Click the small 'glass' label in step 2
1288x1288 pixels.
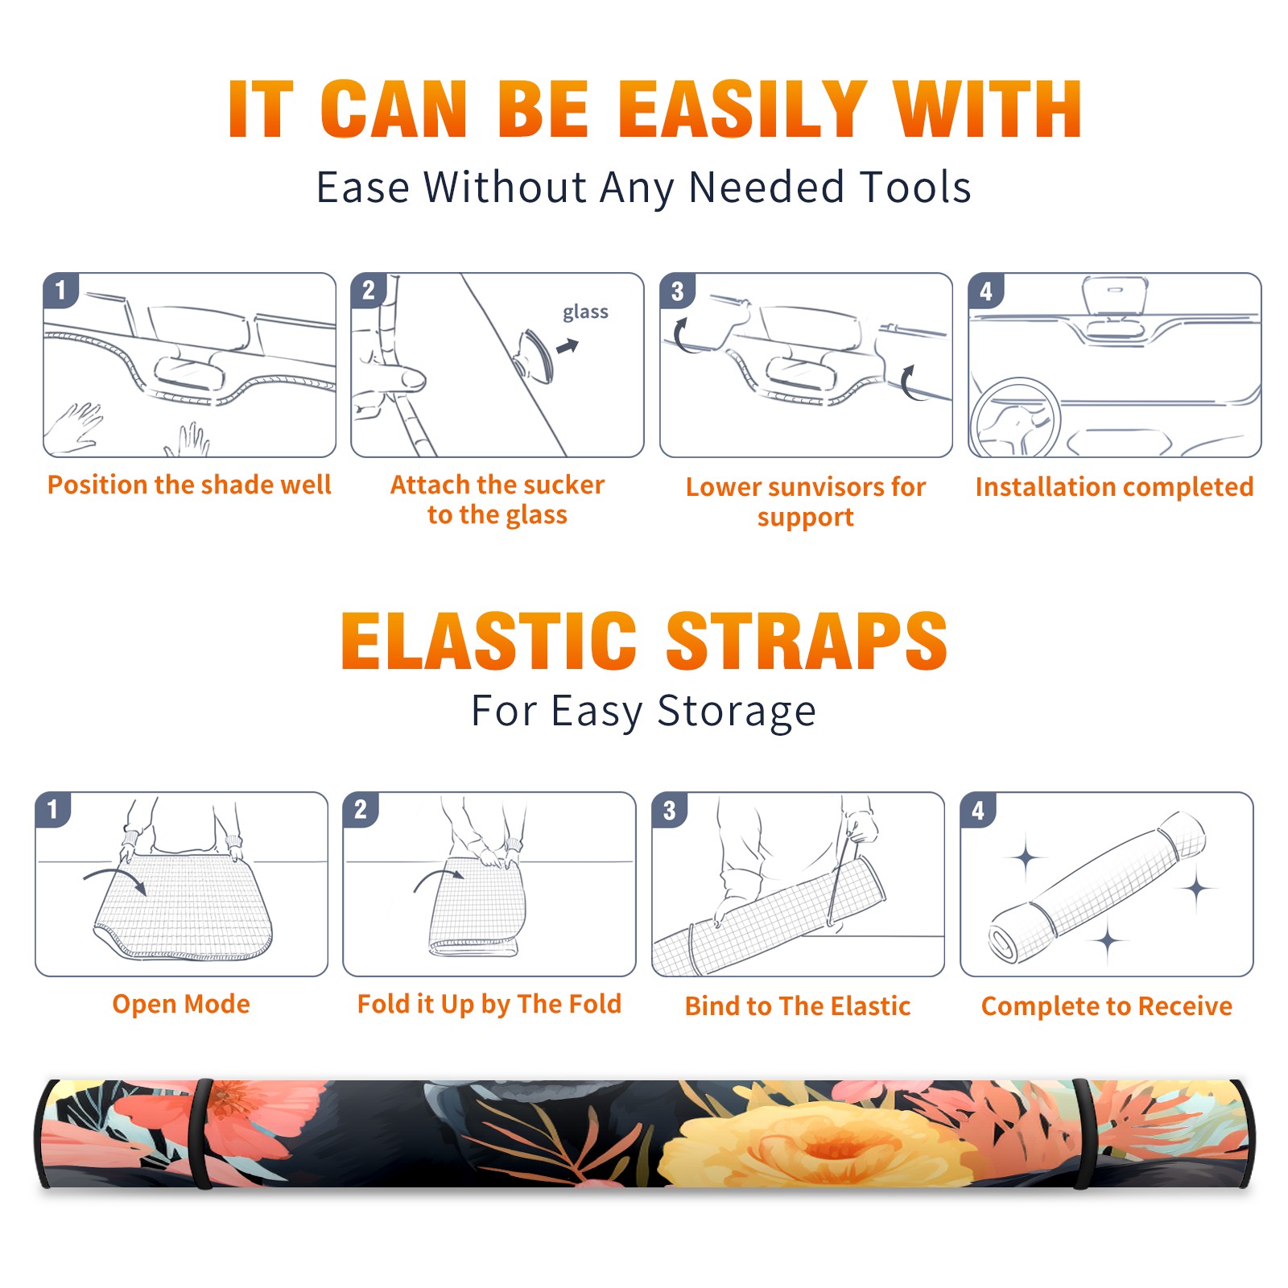pos(585,312)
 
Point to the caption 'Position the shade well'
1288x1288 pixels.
pos(189,485)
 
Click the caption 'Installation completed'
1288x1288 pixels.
pos(1114,487)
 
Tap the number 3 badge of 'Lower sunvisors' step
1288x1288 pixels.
pos(677,291)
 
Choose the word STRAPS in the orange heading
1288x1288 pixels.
pos(807,641)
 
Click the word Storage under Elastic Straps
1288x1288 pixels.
pos(737,712)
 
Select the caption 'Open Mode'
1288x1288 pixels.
pos(181,1004)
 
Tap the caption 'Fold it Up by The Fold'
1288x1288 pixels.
pos(489,1004)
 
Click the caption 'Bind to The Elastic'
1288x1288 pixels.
pos(798,1006)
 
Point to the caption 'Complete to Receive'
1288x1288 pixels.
pos(1107,1006)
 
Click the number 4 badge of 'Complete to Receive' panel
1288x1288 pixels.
pos(978,810)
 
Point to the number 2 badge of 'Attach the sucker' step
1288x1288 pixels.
pos(369,291)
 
